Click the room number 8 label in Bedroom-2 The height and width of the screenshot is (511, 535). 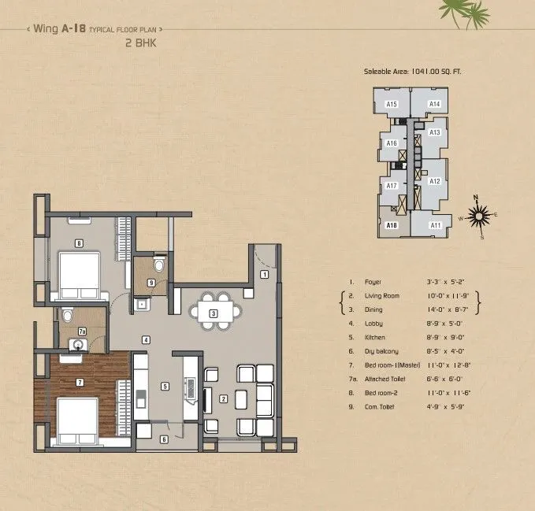coord(79,243)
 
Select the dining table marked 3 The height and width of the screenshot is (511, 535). coord(214,313)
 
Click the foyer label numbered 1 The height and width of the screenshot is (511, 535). coord(265,274)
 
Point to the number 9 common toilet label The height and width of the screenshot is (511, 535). coord(150,283)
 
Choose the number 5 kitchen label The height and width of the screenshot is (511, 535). coord(165,386)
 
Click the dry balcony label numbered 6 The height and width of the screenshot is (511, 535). coord(164,439)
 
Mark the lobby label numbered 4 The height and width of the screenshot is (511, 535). coord(146,339)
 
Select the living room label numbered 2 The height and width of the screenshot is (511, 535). coord(224,399)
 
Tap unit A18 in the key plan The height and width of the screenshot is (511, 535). coord(392,225)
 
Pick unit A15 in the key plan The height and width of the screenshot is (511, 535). coord(392,104)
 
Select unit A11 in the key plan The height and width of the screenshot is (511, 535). coord(435,225)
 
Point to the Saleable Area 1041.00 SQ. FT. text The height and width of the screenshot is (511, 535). coord(413,72)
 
